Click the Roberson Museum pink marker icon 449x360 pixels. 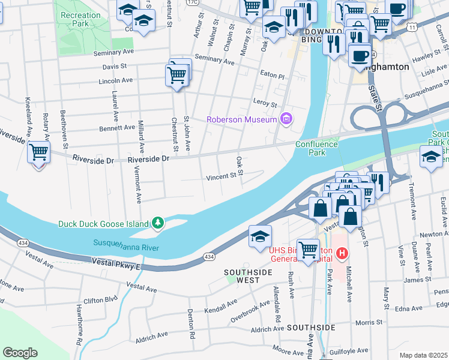coord(286,119)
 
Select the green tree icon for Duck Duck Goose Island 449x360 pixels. coord(158,223)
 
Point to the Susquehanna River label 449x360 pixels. coord(125,243)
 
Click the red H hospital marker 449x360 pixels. coord(342,254)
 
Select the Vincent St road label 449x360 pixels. coord(221,176)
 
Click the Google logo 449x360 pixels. coord(20,352)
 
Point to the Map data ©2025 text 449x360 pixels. coord(423,355)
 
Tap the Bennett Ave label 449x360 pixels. coord(117,127)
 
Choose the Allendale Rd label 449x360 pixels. coord(278,313)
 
